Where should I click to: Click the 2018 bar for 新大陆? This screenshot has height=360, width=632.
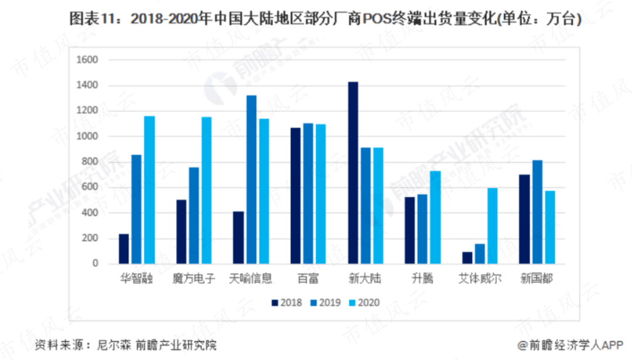click(x=353, y=173)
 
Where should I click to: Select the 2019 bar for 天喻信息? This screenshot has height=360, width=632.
click(x=251, y=180)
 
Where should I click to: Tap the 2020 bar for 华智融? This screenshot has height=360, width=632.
click(x=149, y=190)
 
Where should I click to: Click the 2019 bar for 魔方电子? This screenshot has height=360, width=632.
click(x=193, y=215)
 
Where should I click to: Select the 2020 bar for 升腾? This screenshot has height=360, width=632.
click(x=435, y=217)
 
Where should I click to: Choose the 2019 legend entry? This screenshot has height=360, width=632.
click(x=325, y=302)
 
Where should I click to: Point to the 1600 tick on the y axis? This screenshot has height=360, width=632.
click(x=86, y=60)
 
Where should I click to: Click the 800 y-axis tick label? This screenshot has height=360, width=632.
click(x=88, y=162)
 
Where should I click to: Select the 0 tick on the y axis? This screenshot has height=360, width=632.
click(x=94, y=264)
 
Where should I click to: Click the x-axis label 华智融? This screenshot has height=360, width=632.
click(x=138, y=279)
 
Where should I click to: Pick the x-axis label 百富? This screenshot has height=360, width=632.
click(x=308, y=279)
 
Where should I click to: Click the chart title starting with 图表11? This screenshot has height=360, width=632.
click(x=316, y=20)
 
